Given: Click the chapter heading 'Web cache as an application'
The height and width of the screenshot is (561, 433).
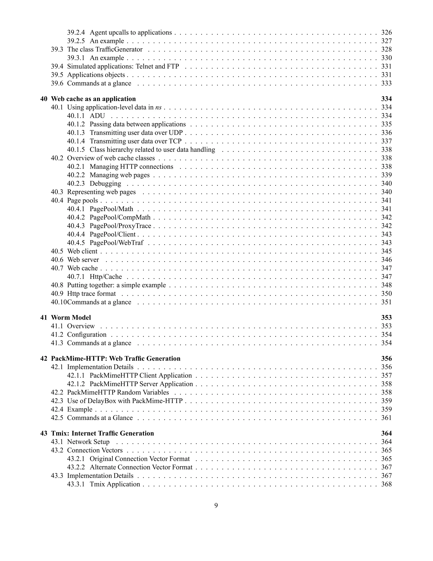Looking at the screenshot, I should click(x=93, y=99).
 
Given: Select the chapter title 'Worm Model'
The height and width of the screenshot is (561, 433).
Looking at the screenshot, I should click(x=71, y=318).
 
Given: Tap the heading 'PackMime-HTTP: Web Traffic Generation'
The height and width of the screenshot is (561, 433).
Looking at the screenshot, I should click(x=116, y=359).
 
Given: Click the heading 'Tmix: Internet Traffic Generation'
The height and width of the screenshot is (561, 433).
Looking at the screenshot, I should click(x=102, y=433).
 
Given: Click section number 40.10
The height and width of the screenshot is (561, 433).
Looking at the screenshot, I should click(x=59, y=302).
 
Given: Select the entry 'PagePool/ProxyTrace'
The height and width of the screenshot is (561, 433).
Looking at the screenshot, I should click(x=120, y=226).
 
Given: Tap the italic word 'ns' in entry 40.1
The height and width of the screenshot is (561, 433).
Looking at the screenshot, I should click(x=158, y=107).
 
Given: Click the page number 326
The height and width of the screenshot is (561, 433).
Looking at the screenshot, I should click(x=386, y=32).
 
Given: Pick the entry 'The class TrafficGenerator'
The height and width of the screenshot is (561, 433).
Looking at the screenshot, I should click(x=105, y=49).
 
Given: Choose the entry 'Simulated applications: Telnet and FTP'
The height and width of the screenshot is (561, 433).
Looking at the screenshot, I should click(x=123, y=66).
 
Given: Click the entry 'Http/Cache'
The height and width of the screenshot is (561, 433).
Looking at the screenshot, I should click(x=106, y=277).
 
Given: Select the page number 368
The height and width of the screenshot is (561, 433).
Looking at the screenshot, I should click(x=386, y=484).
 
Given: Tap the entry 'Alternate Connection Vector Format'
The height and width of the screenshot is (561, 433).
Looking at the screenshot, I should click(x=141, y=467).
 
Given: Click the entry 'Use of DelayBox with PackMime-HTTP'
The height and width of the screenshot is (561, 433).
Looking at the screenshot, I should click(x=125, y=401).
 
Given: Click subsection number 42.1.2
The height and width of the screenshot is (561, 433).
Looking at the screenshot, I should click(x=76, y=384).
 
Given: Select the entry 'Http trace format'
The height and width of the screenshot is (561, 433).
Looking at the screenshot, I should click(x=91, y=294).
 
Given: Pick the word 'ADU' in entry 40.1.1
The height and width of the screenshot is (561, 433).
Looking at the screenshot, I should click(x=97, y=116).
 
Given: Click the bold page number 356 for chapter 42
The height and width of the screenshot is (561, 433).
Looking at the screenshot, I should click(x=386, y=359).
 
